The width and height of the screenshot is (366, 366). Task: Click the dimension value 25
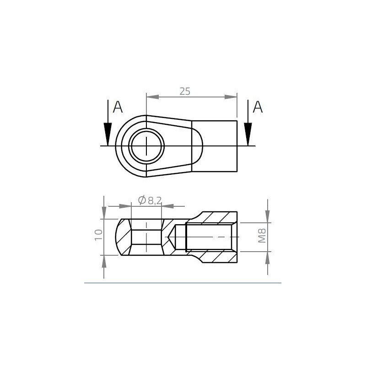(x=184, y=91)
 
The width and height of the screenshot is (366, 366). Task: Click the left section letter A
(x=118, y=108)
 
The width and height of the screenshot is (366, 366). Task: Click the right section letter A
(x=258, y=108)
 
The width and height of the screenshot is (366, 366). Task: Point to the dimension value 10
(x=98, y=235)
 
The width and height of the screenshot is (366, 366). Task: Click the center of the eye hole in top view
(x=146, y=146)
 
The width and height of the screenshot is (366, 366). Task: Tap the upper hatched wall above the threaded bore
(x=215, y=217)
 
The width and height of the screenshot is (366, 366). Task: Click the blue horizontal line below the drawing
(x=183, y=283)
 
